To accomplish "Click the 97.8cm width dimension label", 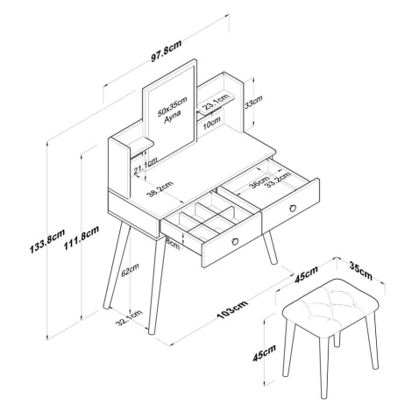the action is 166,50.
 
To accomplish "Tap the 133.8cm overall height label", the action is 47,240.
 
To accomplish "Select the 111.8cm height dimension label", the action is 82,238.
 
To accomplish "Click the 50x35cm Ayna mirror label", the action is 172,110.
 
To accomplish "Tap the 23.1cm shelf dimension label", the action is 216,100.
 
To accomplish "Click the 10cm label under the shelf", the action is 211,123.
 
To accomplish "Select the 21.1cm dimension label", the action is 146,166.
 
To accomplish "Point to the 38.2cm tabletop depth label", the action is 160,189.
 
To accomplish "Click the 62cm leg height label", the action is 130,270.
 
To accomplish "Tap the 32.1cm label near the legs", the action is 129,318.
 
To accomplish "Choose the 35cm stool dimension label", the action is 361,271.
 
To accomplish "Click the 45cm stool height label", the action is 265,353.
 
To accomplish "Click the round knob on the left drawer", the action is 235,241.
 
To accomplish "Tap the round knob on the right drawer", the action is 293,208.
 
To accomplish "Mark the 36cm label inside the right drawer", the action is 259,182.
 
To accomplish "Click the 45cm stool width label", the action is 306,274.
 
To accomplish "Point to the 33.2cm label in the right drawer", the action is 278,179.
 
